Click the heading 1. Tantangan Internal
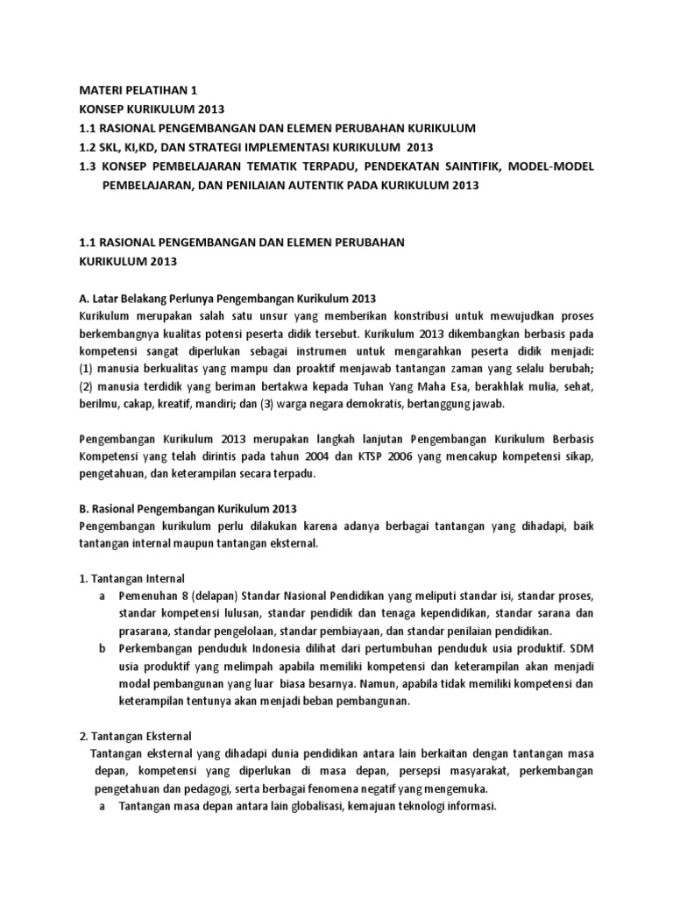(132, 578)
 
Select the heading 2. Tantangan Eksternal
(135, 736)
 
